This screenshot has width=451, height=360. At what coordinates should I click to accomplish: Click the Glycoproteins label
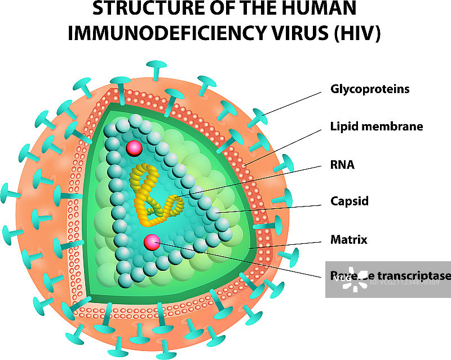pos(369,89)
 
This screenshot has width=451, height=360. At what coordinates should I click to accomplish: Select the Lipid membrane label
pos(376,126)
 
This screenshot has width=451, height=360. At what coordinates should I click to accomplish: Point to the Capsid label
pos(349,201)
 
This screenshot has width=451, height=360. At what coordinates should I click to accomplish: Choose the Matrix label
pos(348,240)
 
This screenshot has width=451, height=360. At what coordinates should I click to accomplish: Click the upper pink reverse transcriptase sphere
pos(134,148)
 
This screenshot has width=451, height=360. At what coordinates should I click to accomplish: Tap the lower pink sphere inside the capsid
pos(152,243)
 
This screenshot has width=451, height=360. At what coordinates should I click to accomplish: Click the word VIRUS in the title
pos(294,33)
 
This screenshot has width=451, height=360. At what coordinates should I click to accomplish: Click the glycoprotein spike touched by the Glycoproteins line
pos(260,117)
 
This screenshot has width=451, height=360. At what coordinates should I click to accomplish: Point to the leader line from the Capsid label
pos(271,207)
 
